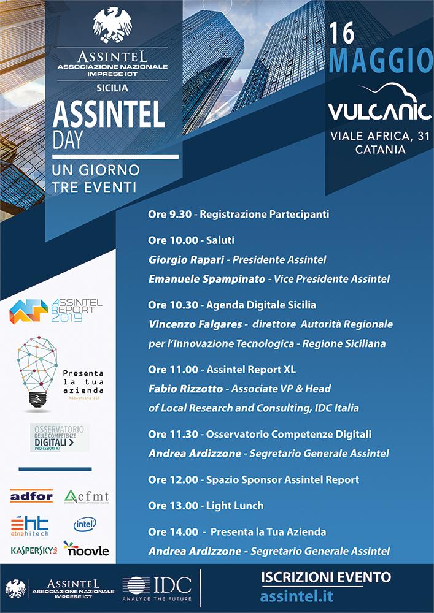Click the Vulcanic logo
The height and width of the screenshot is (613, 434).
tap(378, 105)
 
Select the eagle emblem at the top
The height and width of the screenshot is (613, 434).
tap(112, 25)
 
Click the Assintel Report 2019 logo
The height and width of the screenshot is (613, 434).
tap(55, 311)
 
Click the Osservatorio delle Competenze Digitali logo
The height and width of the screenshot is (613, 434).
tap(60, 437)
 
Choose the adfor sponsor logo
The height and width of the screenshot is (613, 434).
tap(31, 496)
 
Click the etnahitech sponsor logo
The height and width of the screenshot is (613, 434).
tap(29, 525)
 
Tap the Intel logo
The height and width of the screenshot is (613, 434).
tap(85, 524)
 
